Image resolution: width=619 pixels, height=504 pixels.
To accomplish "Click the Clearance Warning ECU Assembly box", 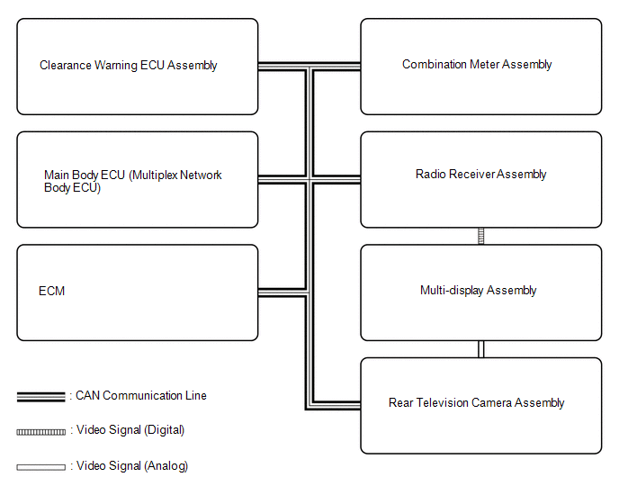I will tap(137, 67).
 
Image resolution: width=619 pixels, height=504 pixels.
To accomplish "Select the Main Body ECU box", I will tap(137, 180).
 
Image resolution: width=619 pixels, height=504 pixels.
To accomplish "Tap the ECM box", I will tap(137, 292).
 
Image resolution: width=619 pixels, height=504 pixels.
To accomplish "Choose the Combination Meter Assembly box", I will tap(480, 67).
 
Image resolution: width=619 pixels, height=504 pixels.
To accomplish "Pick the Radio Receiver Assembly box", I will tap(480, 180).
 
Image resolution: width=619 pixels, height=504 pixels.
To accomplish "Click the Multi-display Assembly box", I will tap(480, 292).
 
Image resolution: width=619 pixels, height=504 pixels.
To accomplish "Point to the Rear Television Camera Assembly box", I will tap(480, 405).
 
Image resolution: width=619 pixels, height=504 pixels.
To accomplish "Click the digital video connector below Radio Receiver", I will tap(481, 236).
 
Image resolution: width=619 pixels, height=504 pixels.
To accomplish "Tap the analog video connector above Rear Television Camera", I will tap(481, 349).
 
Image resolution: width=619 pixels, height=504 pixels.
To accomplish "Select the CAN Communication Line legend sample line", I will tap(41, 396).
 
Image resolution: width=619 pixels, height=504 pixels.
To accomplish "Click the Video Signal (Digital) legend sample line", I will tap(41, 431).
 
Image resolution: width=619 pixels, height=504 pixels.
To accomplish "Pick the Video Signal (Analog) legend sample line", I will tap(41, 467).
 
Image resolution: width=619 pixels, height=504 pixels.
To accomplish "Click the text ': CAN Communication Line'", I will tap(139, 395).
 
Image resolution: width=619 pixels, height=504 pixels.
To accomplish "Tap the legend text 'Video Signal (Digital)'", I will tap(130, 430).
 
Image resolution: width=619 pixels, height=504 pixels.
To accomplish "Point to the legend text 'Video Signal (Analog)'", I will tap(132, 466).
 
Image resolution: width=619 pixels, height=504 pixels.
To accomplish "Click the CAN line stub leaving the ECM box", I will tap(281, 292).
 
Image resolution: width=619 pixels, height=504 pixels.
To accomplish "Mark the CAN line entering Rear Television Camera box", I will tap(337, 403).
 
